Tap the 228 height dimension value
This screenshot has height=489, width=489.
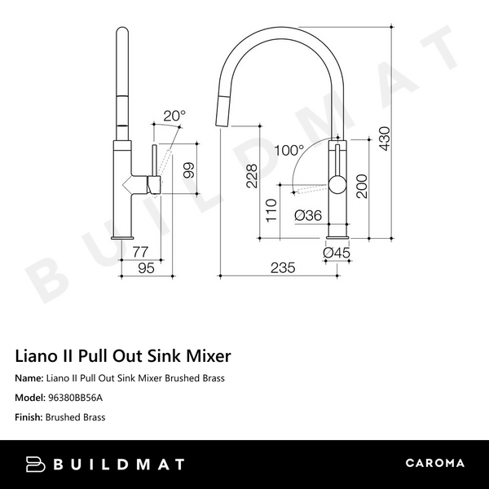coord(252,175)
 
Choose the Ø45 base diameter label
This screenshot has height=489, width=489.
coord(337,253)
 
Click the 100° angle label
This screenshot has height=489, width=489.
coord(289,151)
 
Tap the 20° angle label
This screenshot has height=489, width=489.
coord(174,116)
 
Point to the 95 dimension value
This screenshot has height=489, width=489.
coord(145,268)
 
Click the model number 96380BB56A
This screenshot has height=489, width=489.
coord(76,398)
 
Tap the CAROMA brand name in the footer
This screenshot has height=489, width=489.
coord(434,463)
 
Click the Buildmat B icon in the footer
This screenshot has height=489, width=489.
coord(37,464)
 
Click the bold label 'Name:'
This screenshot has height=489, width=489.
coord(30,378)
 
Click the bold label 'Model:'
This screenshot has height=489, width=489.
coord(31,398)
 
